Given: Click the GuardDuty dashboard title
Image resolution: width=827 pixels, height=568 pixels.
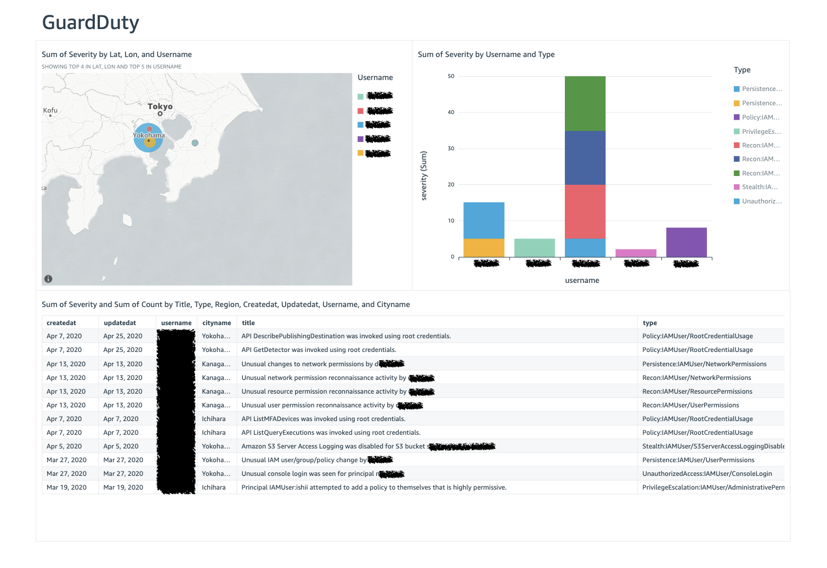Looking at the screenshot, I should point(90,22).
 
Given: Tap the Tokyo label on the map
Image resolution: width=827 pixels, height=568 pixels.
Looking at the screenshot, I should point(160,106).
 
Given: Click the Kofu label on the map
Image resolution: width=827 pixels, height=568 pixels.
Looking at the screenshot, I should point(50,110).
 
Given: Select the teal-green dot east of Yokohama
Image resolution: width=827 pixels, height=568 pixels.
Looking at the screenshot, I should point(195,143).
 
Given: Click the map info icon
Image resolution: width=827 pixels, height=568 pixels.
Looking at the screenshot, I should point(48,279).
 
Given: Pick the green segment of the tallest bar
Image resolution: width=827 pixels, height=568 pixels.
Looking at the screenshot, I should point(585,104).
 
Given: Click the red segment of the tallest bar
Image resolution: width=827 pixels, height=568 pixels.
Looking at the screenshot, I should point(585,212).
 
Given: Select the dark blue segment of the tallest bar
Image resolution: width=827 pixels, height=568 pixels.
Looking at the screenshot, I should point(585,158).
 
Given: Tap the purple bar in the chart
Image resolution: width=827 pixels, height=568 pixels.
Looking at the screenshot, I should point(686,242).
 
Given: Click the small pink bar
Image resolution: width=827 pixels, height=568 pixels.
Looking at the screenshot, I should point(636,253).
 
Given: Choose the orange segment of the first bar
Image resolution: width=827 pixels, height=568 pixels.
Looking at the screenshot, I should point(484,248).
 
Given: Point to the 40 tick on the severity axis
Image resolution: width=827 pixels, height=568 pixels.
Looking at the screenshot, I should point(451,112).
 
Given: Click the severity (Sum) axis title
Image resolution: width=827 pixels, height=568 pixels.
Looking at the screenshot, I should point(424,176).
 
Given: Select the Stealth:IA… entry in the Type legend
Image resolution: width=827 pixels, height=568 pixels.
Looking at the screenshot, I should point(760,187).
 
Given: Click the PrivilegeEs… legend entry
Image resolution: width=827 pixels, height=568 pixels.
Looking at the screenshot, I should point(761,132).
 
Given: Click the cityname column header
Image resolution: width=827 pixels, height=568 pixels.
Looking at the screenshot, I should point(217,323).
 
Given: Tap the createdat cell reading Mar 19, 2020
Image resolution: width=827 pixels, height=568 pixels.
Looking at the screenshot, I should point(66,487).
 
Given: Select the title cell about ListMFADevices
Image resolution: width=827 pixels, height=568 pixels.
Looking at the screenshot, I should point(324,419).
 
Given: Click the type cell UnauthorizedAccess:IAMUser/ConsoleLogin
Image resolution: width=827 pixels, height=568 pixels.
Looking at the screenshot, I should point(707,474).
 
